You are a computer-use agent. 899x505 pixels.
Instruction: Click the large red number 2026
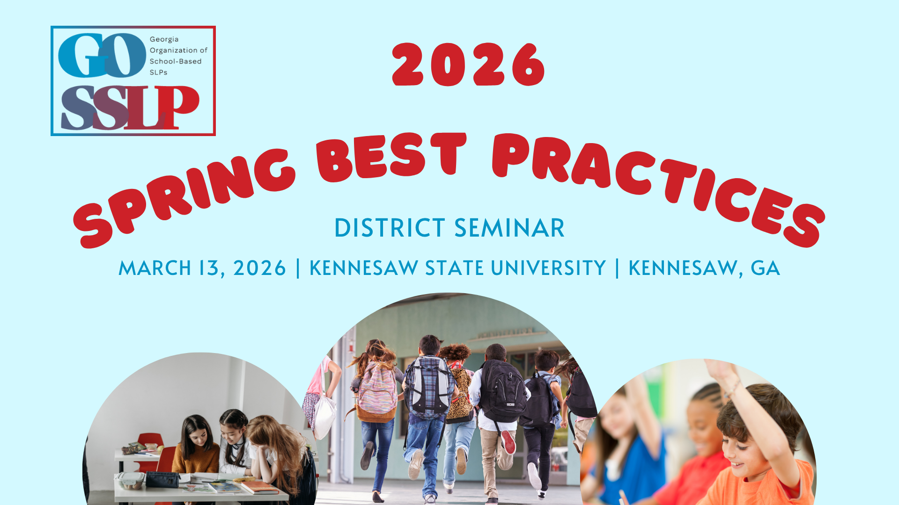point(469,65)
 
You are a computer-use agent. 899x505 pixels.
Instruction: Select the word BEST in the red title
point(391,157)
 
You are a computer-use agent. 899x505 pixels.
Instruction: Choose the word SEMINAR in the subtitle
point(509,228)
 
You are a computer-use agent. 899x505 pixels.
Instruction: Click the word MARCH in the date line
point(155,268)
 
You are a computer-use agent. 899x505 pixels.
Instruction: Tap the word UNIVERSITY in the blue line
point(548,268)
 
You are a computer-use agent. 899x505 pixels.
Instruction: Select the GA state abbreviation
point(765,268)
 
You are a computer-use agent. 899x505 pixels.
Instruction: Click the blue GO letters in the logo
point(102,56)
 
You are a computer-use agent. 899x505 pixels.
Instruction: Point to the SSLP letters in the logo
point(130,108)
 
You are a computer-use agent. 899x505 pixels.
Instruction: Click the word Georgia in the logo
point(164,39)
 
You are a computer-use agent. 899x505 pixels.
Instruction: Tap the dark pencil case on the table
point(162,479)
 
